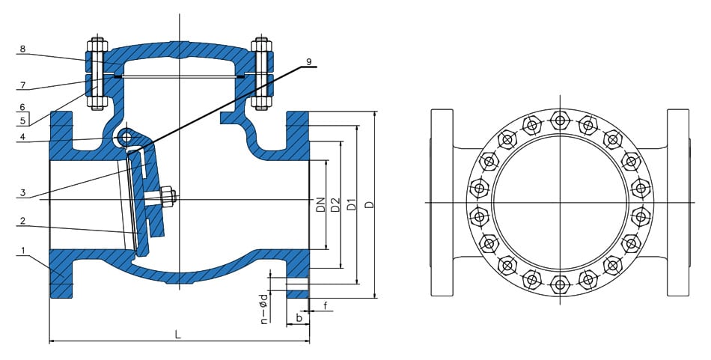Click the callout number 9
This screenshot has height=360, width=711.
(x=308, y=61)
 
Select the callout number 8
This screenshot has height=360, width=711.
(x=22, y=49)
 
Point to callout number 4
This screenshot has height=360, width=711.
(x=22, y=136)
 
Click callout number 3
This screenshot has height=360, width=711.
(x=22, y=194)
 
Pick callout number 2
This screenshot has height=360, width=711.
(x=22, y=221)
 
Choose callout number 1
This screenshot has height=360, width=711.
(x=22, y=250)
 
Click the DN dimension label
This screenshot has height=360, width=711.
(x=320, y=204)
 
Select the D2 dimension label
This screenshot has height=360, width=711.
(x=335, y=204)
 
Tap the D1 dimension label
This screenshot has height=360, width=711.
(x=351, y=204)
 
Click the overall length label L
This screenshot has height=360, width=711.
(x=177, y=335)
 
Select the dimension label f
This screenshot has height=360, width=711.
(x=326, y=305)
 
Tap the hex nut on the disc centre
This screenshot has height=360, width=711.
(x=167, y=198)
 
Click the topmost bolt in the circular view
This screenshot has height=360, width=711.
(x=559, y=119)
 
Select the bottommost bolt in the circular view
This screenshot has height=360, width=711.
(x=559, y=284)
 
